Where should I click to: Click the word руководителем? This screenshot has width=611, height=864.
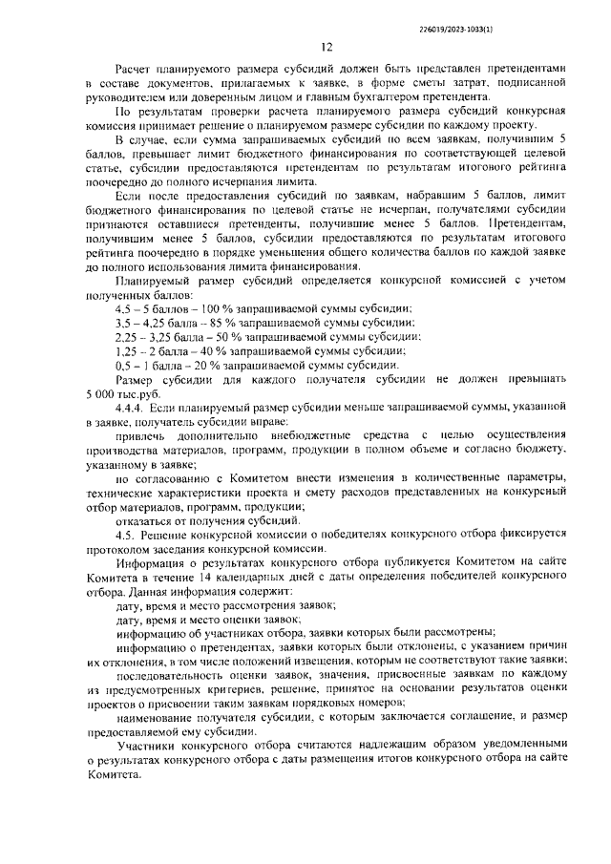point(124,97)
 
